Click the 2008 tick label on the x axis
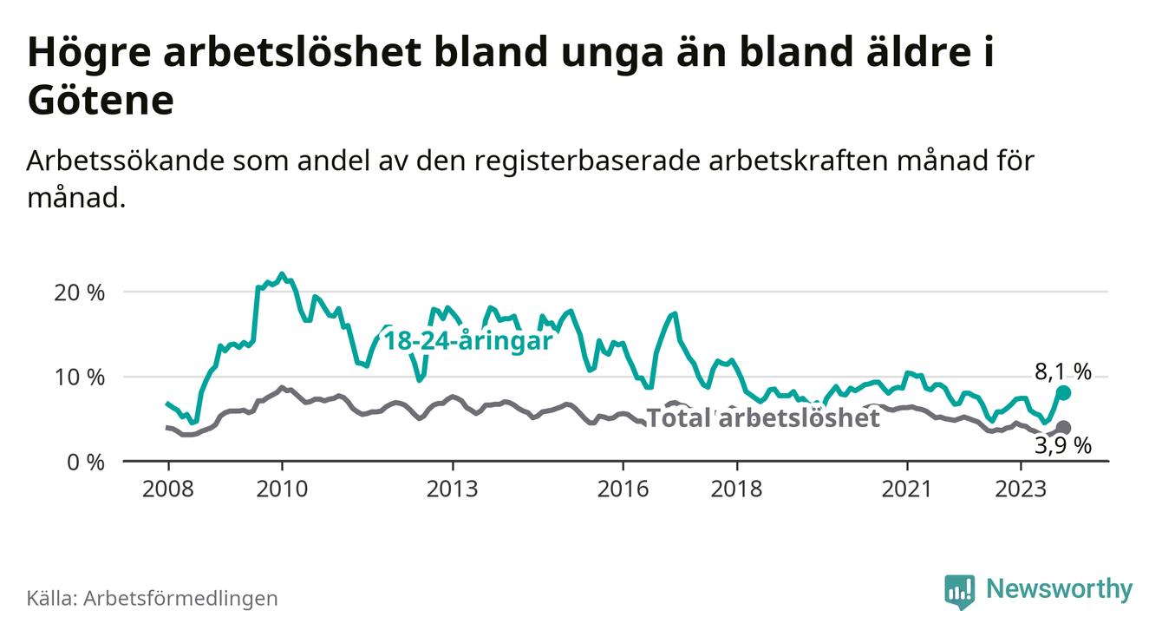167,489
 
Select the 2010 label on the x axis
282,489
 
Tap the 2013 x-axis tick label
453,489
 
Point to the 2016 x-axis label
623,489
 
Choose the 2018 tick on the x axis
736,489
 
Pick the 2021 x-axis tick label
907,489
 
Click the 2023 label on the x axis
1021,489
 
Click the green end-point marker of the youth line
1064,393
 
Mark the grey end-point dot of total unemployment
1064,428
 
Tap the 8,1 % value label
1062,372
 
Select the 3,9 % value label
1062,446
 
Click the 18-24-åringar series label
468,341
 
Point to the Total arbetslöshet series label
764,418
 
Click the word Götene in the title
101,102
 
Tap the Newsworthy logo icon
959,590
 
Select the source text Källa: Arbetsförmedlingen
153,598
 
